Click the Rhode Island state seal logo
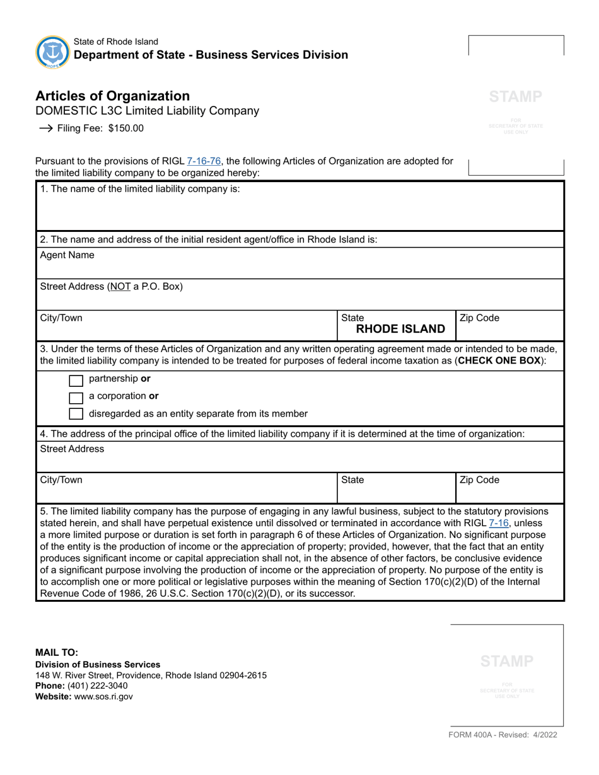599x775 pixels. tap(53, 52)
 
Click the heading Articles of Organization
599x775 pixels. tap(112, 96)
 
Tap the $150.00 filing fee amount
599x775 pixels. tap(125, 129)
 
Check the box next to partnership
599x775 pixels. tap(76, 380)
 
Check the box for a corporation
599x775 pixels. tap(76, 397)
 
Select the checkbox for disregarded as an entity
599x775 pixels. tap(76, 414)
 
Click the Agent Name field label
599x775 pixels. tap(67, 255)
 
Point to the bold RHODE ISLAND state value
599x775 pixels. tap(400, 329)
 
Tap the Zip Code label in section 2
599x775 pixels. tap(479, 318)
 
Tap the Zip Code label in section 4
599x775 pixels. tap(479, 480)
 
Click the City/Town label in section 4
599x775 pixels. tap(61, 480)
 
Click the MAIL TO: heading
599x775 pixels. tap(57, 653)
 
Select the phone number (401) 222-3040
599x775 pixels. tap(97, 686)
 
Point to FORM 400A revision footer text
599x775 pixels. tap(503, 735)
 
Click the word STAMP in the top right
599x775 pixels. tap(516, 96)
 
